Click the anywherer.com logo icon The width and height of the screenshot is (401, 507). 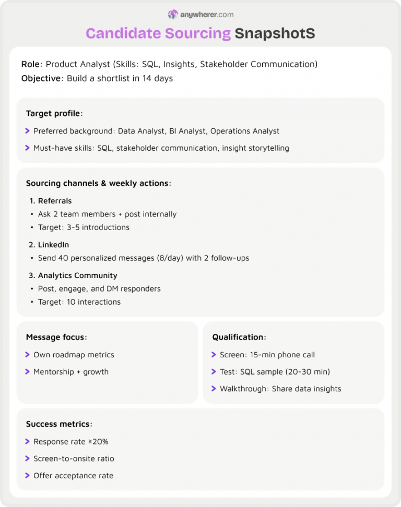[173, 15]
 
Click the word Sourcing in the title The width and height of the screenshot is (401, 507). [197, 33]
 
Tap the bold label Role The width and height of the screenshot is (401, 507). [31, 64]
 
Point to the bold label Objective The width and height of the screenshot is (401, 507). [42, 79]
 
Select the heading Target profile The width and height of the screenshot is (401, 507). [54, 113]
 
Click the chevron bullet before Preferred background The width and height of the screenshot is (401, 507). [28, 131]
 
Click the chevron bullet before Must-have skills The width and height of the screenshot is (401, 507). [28, 148]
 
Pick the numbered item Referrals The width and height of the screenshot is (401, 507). [55, 201]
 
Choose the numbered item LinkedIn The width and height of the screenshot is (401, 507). [53, 245]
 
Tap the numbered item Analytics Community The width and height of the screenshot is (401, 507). [77, 275]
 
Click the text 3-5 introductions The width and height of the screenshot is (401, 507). [98, 227]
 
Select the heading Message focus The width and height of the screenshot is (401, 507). [56, 337]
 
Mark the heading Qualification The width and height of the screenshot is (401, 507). [239, 337]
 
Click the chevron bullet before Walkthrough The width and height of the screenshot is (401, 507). [214, 389]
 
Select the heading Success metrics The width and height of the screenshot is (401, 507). [59, 424]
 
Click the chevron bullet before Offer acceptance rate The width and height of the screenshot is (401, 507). [28, 476]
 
